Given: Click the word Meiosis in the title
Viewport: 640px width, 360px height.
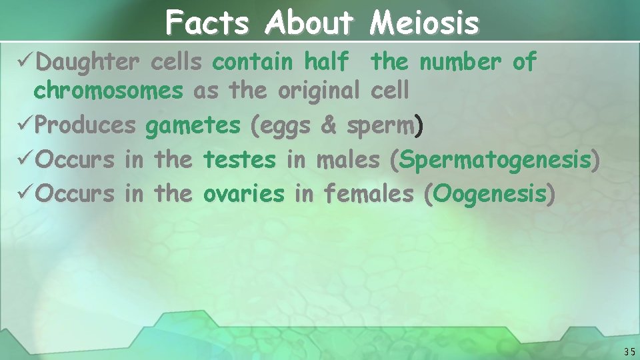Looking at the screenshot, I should point(424,23).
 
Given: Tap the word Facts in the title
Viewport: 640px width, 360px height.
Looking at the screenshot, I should point(207,23).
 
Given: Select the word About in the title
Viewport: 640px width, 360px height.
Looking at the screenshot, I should point(309,23).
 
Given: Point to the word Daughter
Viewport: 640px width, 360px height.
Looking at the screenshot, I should point(88,62).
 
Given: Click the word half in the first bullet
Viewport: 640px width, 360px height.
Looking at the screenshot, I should point(326,62).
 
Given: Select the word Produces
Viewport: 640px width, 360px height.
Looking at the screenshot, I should point(86,125).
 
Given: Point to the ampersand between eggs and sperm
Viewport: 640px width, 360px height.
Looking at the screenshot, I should point(329,125).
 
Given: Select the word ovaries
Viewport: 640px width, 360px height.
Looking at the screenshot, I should point(244,194).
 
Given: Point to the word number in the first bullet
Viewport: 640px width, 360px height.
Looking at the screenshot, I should point(460,62).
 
